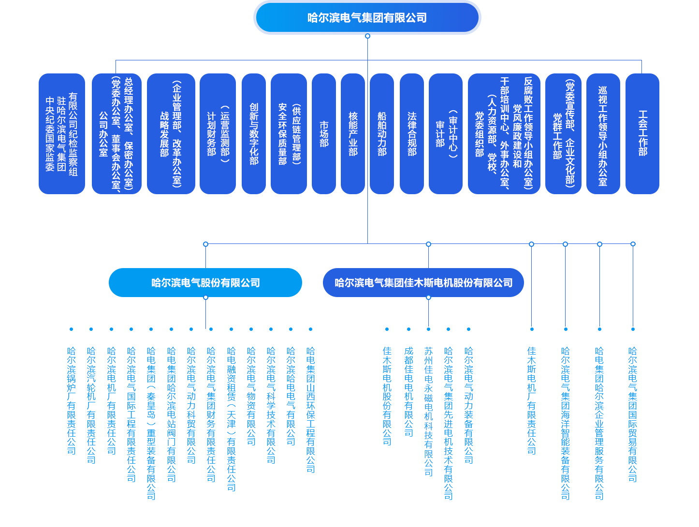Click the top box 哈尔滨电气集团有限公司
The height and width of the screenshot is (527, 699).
point(367,18)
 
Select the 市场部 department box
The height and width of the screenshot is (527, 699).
point(324,134)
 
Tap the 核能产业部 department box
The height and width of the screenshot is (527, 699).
point(353,134)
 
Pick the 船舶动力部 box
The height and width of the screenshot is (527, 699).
point(382,134)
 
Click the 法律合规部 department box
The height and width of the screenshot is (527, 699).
point(412,134)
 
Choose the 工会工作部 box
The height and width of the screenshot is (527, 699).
point(642,134)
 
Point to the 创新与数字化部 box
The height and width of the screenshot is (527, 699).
point(254,134)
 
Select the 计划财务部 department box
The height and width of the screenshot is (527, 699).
point(218,134)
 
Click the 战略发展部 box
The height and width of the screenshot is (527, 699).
point(171,134)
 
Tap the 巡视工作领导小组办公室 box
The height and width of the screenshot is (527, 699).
point(603,134)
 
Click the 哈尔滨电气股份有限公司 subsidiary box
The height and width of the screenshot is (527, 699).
point(205,283)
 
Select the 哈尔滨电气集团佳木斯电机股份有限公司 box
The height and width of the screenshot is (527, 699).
point(423,283)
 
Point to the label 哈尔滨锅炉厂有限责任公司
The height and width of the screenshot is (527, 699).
point(72,400)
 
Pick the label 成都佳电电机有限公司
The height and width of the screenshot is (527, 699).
point(409,391)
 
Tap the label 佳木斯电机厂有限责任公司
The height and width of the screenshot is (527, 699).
point(532,400)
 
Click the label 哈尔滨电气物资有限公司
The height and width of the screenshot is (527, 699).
point(251,396)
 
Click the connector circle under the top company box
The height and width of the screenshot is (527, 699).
point(367,36)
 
